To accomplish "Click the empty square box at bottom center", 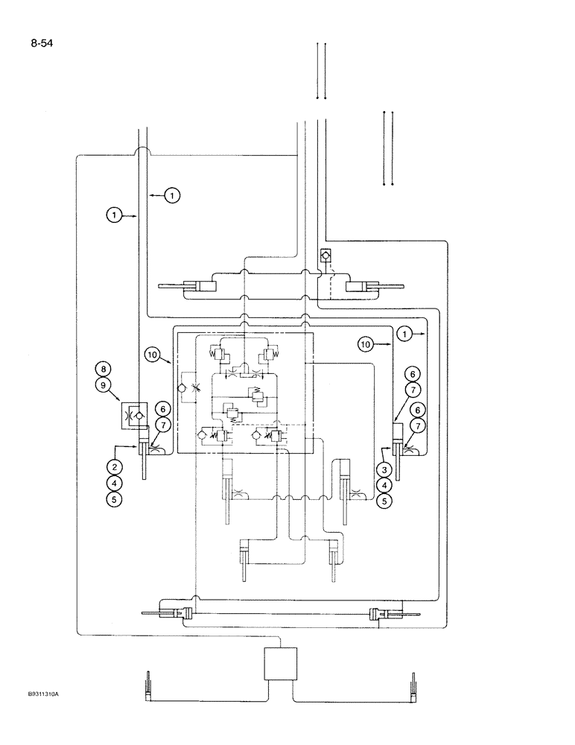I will (x=280, y=663).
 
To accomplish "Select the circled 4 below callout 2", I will (x=114, y=484).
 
